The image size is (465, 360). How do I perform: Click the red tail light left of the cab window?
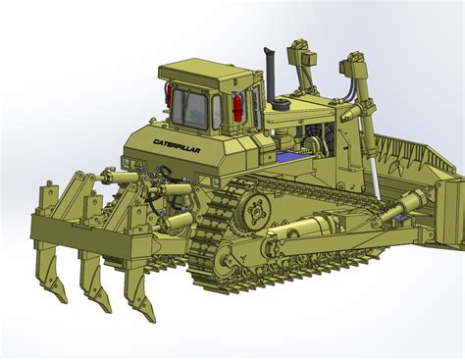(x=169, y=95)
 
